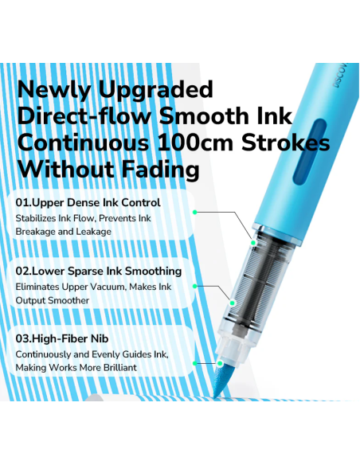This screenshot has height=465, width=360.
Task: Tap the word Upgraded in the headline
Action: pyautogui.click(x=155, y=89)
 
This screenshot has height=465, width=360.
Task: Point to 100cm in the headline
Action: pyautogui.click(x=195, y=143)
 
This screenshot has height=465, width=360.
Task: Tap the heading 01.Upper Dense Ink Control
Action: pyautogui.click(x=88, y=202)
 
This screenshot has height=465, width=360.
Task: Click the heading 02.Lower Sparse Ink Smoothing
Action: pyautogui.click(x=99, y=271)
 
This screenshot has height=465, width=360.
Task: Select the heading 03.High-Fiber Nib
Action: pyautogui.click(x=62, y=338)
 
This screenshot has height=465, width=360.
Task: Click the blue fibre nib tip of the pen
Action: pyautogui.click(x=221, y=382)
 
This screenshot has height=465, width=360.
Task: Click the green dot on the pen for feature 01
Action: pyautogui.click(x=253, y=243)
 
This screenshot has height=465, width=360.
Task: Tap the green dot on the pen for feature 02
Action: pyautogui.click(x=233, y=303)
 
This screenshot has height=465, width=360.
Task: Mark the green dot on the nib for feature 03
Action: pyautogui.click(x=220, y=363)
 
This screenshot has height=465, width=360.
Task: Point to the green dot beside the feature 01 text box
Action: pyautogui.click(x=195, y=213)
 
